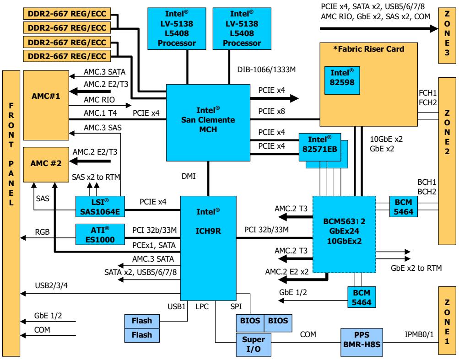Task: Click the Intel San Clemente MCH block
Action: click(208, 123)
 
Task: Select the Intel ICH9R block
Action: click(208, 248)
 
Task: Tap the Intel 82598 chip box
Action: click(342, 81)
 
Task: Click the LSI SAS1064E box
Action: click(100, 207)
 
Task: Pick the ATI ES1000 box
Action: click(100, 235)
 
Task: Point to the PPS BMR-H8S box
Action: click(362, 343)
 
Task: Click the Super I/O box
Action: click(253, 344)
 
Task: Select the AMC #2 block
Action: click(46, 165)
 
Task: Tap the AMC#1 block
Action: click(46, 105)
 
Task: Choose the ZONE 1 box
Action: click(447, 321)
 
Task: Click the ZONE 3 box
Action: click(447, 35)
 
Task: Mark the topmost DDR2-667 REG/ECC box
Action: click(67, 14)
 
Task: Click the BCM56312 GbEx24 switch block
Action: click(344, 235)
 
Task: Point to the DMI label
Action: click(189, 176)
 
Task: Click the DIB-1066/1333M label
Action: click(266, 70)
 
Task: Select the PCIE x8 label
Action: click(272, 111)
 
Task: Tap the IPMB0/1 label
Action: click(419, 334)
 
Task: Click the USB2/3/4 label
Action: click(51, 285)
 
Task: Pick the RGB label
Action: click(43, 232)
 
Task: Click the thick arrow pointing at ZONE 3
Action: click(379, 29)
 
